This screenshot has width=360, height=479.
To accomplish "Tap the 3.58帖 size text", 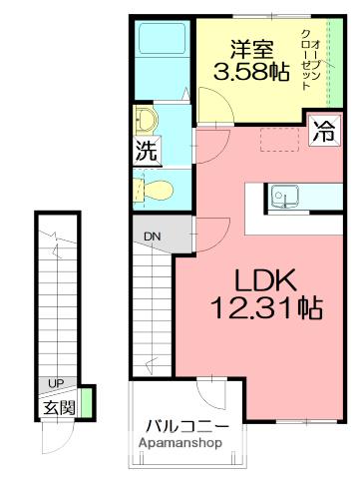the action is [x=251, y=72].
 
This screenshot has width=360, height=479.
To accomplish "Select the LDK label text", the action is [x=265, y=280].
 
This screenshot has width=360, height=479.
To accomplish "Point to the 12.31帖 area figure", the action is [x=266, y=307].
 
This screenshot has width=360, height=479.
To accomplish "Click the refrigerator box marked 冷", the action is [x=324, y=131].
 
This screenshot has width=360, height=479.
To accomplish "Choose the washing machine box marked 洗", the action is [x=147, y=151].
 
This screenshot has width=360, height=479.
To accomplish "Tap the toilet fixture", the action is [x=154, y=191].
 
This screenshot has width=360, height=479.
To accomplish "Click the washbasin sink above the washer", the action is [x=147, y=120].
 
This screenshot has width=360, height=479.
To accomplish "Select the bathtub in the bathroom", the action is [x=162, y=38].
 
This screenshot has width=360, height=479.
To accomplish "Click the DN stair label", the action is [x=152, y=237].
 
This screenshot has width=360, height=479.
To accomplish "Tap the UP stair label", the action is [x=56, y=383].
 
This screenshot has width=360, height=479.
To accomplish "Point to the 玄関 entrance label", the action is [x=60, y=407].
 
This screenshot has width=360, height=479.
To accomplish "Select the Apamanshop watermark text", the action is [x=180, y=443].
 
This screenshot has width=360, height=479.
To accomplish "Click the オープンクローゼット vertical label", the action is [x=310, y=60].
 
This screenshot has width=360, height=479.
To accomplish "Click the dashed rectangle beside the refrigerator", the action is [x=280, y=140].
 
